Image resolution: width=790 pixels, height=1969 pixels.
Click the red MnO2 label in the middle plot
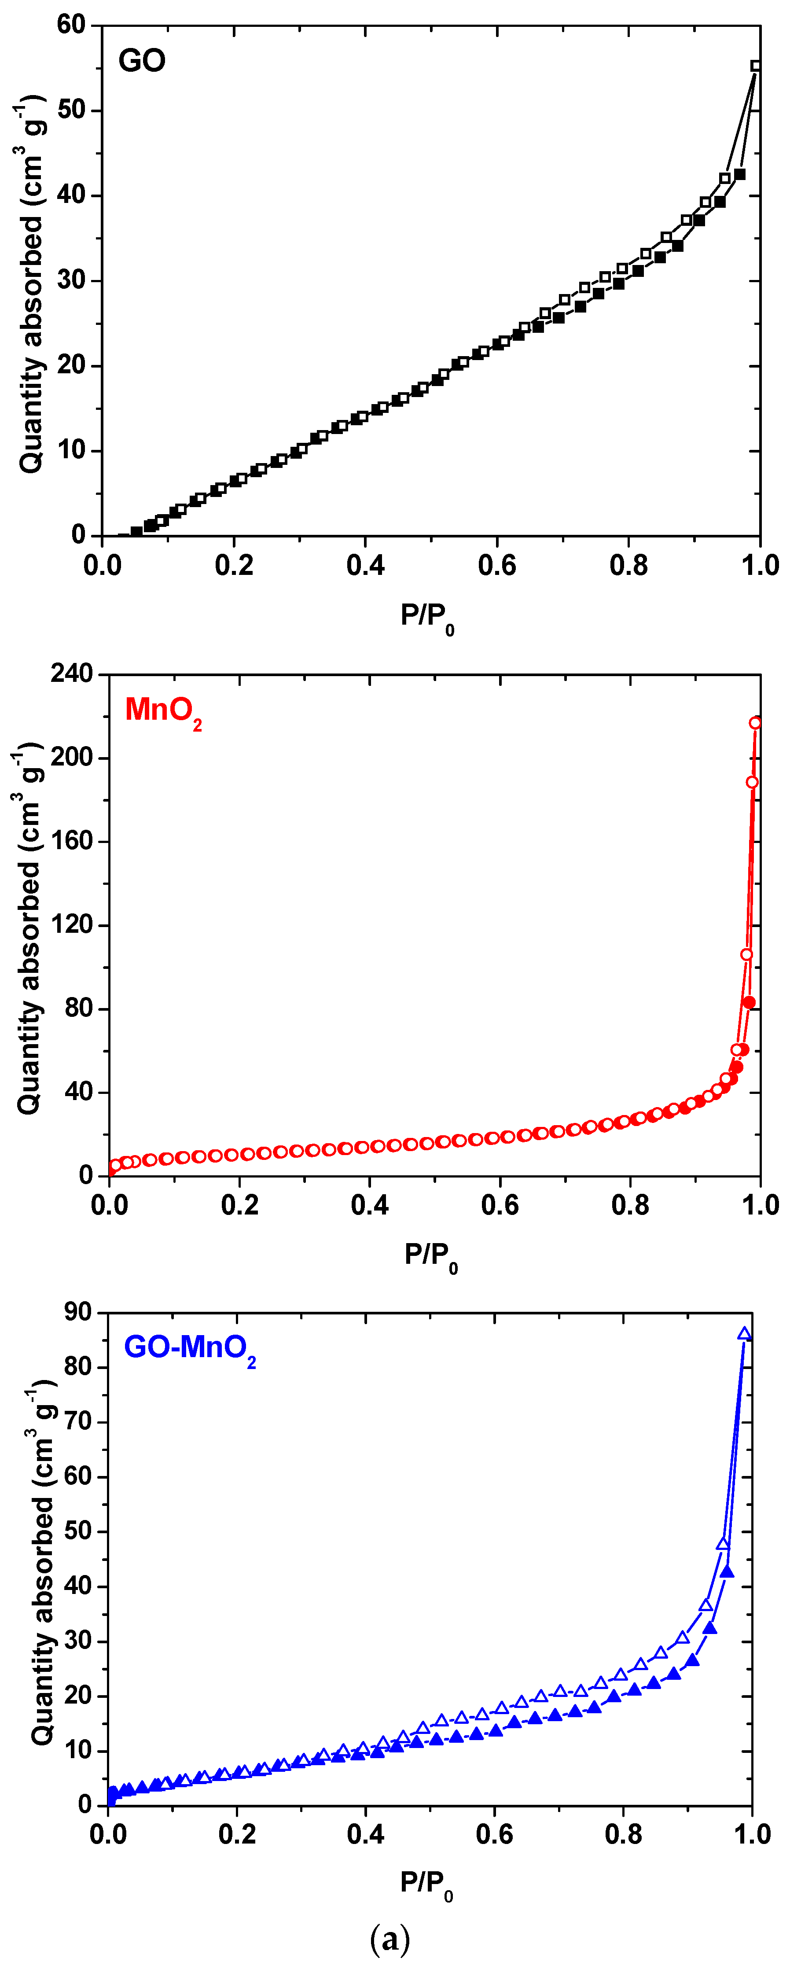(163, 710)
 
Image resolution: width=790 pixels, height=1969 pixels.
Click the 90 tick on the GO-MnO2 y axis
(77, 1312)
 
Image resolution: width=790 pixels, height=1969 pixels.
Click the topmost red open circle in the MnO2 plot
(755, 722)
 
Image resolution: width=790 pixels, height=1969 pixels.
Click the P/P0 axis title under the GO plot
(426, 615)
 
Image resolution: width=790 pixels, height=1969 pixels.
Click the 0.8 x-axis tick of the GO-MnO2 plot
(624, 1834)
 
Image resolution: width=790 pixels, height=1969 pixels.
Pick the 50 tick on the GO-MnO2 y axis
(77, 1531)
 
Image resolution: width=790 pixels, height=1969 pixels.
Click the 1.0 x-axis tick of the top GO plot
(760, 567)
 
